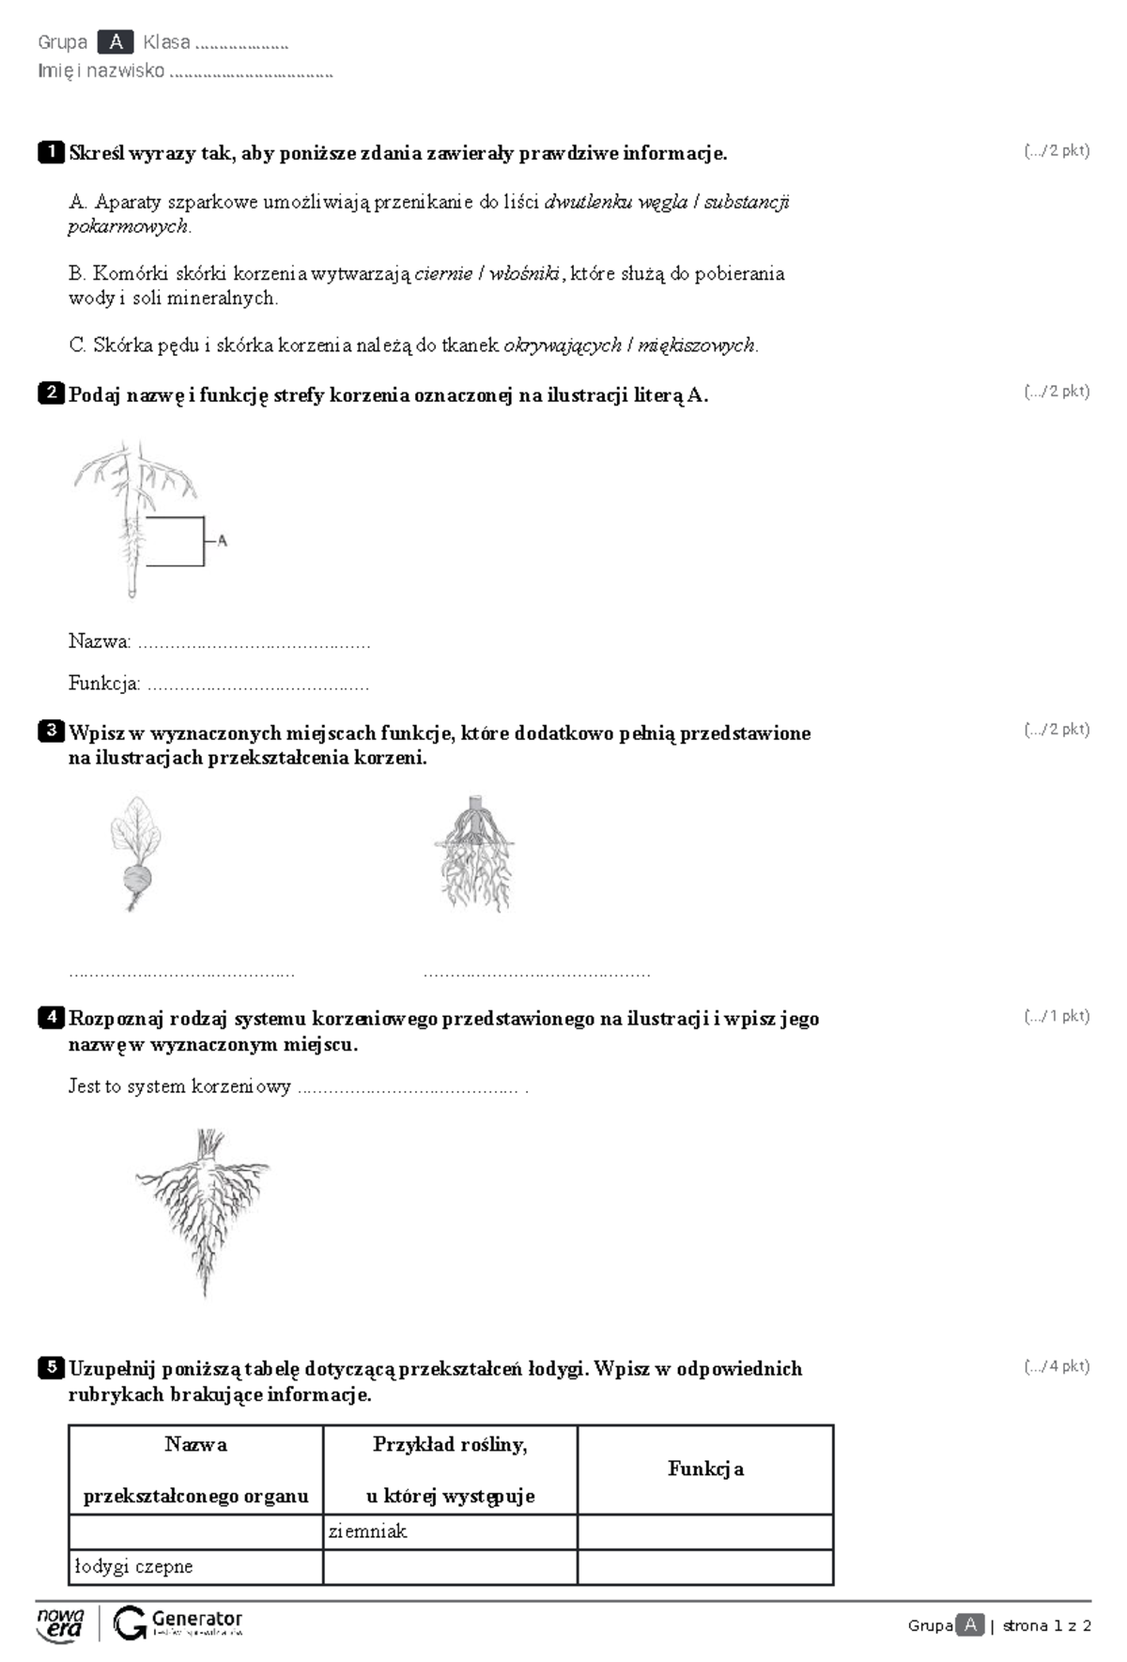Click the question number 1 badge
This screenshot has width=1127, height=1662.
pyautogui.click(x=51, y=152)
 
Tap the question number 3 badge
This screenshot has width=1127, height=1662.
pyautogui.click(x=51, y=731)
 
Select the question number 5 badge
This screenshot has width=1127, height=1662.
pyautogui.click(x=51, y=1367)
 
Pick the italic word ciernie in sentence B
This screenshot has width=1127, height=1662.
pyautogui.click(x=443, y=273)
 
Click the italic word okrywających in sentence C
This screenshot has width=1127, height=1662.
pyautogui.click(x=563, y=346)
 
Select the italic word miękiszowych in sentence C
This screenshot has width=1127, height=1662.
pyautogui.click(x=696, y=346)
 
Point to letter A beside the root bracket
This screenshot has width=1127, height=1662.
pyautogui.click(x=222, y=540)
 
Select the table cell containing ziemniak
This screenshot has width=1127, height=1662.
pyautogui.click(x=450, y=1531)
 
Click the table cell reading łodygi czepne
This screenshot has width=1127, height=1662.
pyautogui.click(x=195, y=1567)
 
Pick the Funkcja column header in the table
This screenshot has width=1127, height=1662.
pyautogui.click(x=705, y=1469)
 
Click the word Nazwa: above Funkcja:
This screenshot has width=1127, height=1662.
pyautogui.click(x=100, y=641)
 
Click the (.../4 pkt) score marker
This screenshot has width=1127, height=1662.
pyautogui.click(x=1057, y=1366)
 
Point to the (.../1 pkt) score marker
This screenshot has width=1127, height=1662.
pyautogui.click(x=1057, y=1015)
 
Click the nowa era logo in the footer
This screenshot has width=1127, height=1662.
pyautogui.click(x=61, y=1624)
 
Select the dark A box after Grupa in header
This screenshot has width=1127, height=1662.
pyautogui.click(x=116, y=42)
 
